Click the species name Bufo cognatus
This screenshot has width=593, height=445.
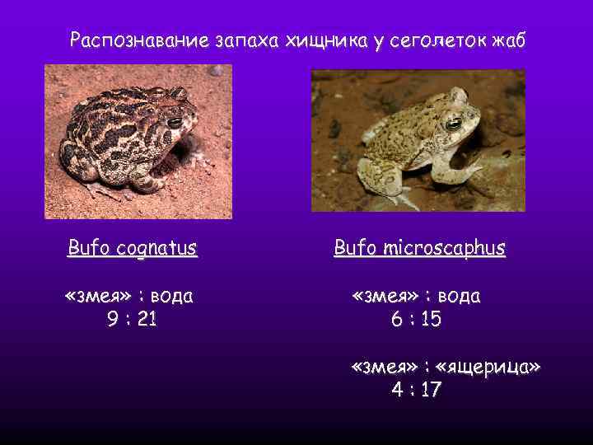click(133, 247)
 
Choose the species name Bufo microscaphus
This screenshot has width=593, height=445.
click(419, 247)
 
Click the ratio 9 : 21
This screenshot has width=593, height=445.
click(132, 319)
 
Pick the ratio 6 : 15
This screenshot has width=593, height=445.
click(416, 319)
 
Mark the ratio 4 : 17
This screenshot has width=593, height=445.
click(416, 390)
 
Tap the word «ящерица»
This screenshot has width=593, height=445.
click(493, 367)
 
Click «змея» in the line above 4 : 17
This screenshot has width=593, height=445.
click(384, 367)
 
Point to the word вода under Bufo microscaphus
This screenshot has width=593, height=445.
click(460, 296)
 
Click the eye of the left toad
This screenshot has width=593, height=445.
click(175, 123)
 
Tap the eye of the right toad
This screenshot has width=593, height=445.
click(453, 124)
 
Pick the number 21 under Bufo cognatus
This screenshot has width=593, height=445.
click(147, 319)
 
